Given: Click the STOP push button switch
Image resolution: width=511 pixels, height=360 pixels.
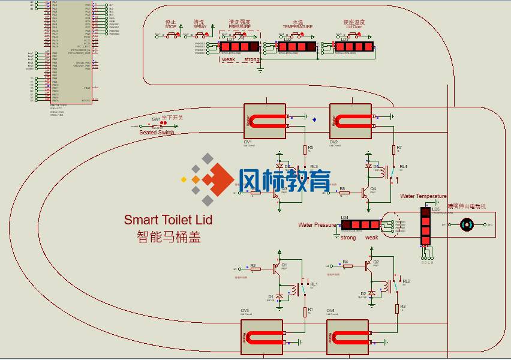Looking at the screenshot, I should tap(172, 34).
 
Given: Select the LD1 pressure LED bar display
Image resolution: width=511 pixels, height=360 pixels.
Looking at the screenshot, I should tap(239, 46).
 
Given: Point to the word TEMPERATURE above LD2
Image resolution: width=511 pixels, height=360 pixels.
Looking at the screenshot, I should tap(297, 27).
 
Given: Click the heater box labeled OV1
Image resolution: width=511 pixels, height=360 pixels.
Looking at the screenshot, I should tap(264, 121).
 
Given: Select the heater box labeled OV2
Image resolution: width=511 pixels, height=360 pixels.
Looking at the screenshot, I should tap(350, 121).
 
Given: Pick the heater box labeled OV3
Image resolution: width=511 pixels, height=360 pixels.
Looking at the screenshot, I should tap(261, 337).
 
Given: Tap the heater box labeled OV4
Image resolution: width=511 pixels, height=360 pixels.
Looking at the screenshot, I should tap(347, 337).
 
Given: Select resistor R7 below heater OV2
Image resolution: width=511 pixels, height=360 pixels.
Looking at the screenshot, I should tap(394, 148).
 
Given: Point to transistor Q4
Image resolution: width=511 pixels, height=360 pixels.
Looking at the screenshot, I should tap(364, 192).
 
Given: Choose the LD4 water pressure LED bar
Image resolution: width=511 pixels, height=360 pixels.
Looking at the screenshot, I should tap(360, 224).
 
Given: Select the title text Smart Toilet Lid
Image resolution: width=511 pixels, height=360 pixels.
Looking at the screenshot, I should tap(168, 220).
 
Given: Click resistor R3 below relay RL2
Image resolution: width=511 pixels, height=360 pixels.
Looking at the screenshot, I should tap(397, 308).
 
